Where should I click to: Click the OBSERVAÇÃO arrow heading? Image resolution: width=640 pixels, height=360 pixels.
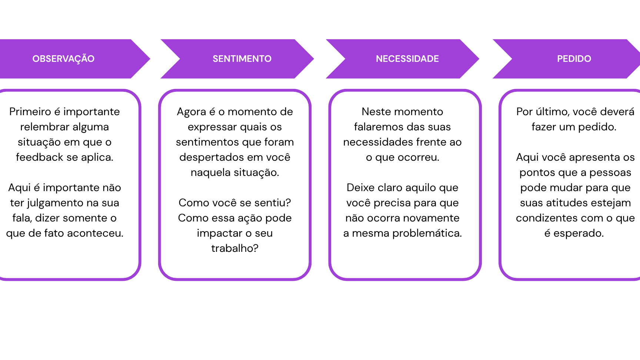(x=63, y=59)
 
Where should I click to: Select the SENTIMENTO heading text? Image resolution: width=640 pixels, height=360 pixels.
(x=242, y=59)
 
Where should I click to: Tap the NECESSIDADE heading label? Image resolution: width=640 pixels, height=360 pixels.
(x=407, y=59)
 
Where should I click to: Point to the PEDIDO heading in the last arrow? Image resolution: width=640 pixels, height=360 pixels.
(x=574, y=59)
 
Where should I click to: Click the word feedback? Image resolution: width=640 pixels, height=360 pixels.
(x=40, y=157)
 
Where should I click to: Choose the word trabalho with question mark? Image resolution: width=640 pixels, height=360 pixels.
(x=235, y=248)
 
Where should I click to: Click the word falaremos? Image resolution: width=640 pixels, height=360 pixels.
(x=377, y=127)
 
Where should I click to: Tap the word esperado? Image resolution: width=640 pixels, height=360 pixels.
(x=579, y=234)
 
